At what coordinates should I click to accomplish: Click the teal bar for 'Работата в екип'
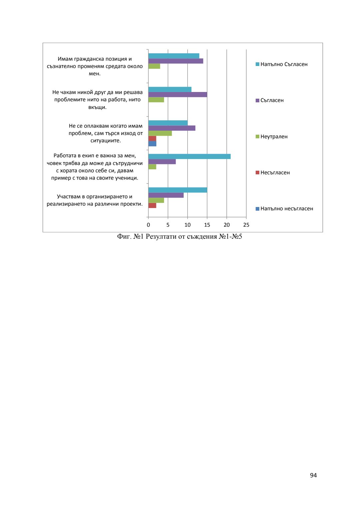(x=189, y=156)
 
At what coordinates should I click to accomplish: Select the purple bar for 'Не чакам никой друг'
(x=178, y=95)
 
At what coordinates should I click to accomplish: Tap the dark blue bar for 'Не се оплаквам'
(x=152, y=144)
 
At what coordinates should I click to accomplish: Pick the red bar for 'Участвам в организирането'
(x=152, y=205)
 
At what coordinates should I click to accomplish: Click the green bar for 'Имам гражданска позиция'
(x=154, y=66)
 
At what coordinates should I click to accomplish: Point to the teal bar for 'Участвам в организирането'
(x=178, y=190)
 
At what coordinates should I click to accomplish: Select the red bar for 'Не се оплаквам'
(x=152, y=138)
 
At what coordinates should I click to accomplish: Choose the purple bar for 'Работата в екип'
(x=162, y=162)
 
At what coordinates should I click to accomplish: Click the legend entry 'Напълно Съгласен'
(x=284, y=64)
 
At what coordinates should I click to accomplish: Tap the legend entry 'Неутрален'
(x=274, y=137)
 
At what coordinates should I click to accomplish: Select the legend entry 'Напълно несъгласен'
(x=286, y=209)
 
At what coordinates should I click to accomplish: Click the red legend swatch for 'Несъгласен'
(x=257, y=173)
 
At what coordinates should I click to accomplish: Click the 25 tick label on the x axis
(x=246, y=225)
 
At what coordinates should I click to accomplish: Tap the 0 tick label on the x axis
(x=148, y=225)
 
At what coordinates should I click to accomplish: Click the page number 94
(x=313, y=475)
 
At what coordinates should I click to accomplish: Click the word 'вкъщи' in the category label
(x=97, y=107)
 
